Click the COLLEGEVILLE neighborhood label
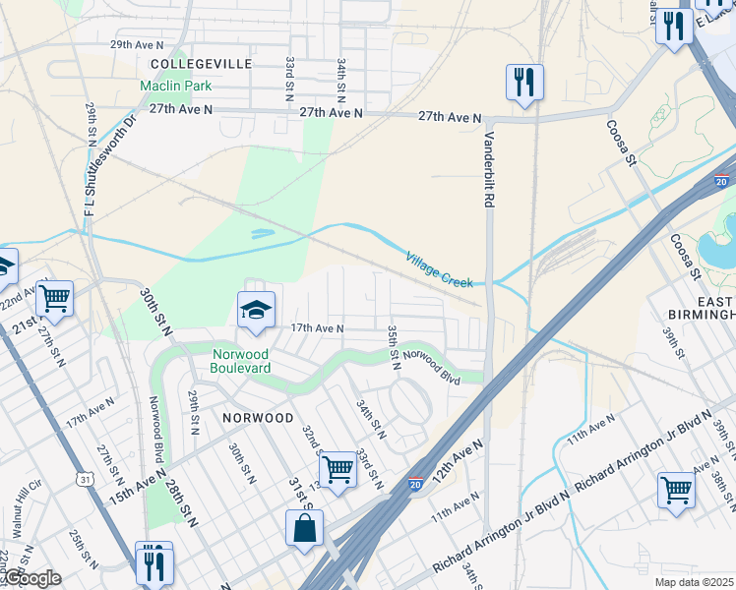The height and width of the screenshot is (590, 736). (202, 63)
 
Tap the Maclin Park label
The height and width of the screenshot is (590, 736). (177, 86)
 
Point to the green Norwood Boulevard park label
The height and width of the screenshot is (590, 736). (241, 360)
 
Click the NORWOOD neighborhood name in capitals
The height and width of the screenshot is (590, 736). (258, 418)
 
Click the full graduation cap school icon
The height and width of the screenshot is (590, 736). (256, 310)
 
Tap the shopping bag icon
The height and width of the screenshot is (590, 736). (304, 528)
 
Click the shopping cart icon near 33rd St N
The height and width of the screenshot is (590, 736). (337, 469)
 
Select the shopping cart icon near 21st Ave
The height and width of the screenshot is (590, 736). (55, 297)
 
